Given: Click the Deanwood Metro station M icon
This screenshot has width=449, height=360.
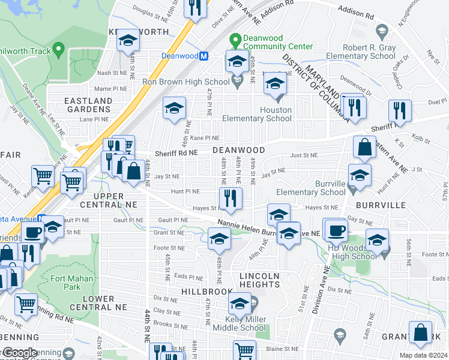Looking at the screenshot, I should pyautogui.click(x=203, y=56).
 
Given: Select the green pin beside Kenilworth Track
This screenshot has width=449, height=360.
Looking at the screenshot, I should pyautogui.click(x=58, y=49).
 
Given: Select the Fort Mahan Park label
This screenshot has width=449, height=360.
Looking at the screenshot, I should pyautogui.click(x=71, y=283).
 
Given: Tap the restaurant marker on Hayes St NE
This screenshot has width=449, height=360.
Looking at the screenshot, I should pyautogui.click(x=231, y=198).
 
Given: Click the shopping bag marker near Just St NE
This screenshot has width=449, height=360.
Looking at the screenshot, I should pyautogui.click(x=364, y=148).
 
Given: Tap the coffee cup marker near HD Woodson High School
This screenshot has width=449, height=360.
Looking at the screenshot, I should pyautogui.click(x=336, y=229).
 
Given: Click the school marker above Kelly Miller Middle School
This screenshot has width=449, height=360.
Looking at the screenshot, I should pyautogui.click(x=240, y=304).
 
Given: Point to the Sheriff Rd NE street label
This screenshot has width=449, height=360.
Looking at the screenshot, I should pyautogui.click(x=177, y=153).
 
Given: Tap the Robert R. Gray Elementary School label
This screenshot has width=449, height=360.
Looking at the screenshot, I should pyautogui.click(x=360, y=52).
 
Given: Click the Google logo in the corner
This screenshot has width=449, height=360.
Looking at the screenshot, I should pyautogui.click(x=19, y=353).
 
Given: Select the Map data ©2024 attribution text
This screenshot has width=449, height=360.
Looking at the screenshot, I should pyautogui.click(x=424, y=355).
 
